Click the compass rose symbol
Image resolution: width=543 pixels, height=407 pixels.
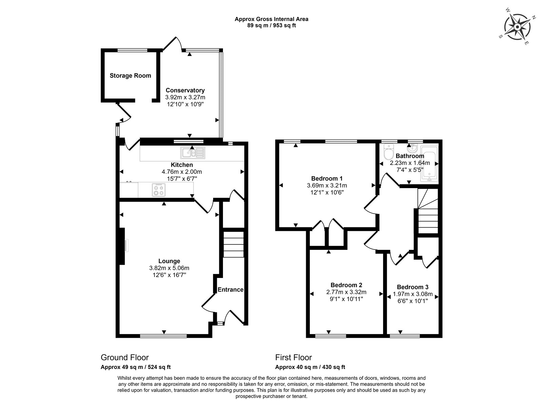517,27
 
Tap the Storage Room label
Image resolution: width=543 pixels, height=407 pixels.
130,76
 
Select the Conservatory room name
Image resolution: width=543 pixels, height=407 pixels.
185,90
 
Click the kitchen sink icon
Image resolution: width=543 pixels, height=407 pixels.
193,153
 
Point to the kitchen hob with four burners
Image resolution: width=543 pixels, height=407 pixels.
158,190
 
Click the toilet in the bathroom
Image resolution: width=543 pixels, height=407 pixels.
389,152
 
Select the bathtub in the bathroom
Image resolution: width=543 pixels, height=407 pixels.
429,164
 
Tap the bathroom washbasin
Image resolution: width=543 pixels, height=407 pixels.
412,149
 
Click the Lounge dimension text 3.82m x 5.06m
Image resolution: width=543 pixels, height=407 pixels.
169,268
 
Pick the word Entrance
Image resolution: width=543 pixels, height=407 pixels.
230,290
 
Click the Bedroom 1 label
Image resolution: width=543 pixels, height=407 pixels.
327,179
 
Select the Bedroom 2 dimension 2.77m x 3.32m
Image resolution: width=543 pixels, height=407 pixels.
347,292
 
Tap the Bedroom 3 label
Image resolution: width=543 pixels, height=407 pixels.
413,287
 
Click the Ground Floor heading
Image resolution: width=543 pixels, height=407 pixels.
125,357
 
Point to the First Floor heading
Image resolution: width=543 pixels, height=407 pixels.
294,357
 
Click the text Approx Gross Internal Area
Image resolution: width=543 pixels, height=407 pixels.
271,19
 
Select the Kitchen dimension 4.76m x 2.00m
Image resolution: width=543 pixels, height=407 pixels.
182,172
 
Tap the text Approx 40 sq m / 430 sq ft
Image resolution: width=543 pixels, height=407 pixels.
310,367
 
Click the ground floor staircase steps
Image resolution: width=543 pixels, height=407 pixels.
233,244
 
